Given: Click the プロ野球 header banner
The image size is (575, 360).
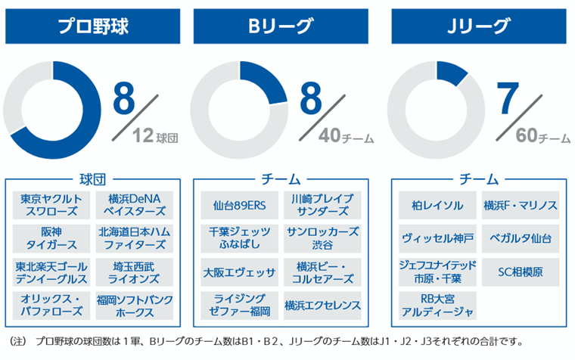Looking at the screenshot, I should [x=93, y=26].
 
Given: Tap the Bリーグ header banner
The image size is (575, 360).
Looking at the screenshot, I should [x=281, y=26].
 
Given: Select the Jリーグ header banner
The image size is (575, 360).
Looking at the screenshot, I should [x=477, y=26].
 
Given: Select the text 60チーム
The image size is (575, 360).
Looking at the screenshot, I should [x=542, y=137].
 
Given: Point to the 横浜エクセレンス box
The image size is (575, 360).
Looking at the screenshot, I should [x=323, y=306].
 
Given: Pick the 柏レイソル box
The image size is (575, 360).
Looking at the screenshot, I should [x=437, y=204].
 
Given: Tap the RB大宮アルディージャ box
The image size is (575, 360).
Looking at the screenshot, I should [x=437, y=306].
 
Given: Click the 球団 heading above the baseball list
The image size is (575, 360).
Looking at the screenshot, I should [x=93, y=179].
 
